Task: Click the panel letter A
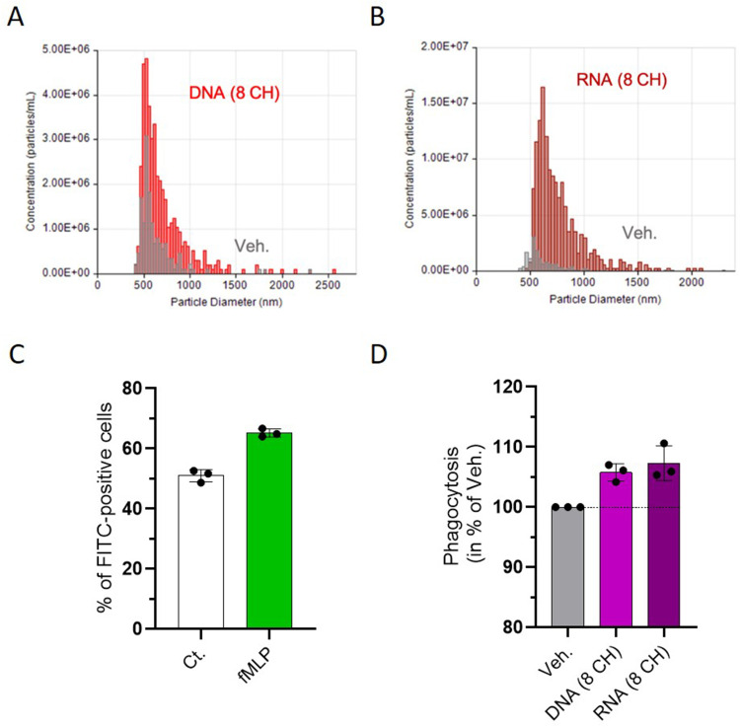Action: [16, 18]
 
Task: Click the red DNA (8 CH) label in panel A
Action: [235, 93]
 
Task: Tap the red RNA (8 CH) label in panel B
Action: [622, 79]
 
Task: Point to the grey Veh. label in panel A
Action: [252, 246]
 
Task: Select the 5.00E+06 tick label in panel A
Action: [66, 49]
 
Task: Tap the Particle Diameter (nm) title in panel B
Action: [605, 299]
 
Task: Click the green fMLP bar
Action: [269, 531]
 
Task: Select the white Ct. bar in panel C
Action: [201, 551]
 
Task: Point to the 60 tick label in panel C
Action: [131, 448]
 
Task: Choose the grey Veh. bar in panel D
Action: [567, 567]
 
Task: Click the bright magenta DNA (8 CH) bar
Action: [616, 549]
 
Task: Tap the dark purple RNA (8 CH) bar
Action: [664, 545]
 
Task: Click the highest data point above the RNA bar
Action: [664, 444]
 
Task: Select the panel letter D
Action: [379, 355]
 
